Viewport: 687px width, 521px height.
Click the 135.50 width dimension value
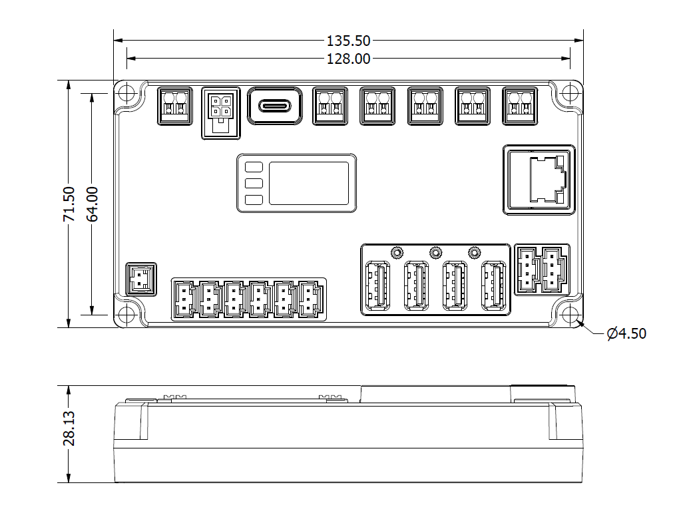(x=348, y=41)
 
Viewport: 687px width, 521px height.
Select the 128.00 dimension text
(x=348, y=59)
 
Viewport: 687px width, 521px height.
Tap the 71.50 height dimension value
(x=69, y=204)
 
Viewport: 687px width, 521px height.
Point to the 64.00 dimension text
(x=93, y=204)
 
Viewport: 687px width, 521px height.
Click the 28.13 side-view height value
(x=69, y=429)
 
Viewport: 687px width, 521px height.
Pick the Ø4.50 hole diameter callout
(x=626, y=333)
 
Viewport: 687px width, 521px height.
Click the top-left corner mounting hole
(x=126, y=94)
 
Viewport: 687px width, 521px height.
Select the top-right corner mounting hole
(x=570, y=94)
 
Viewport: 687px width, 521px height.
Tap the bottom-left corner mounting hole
(x=126, y=315)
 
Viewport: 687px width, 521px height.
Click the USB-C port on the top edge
(x=275, y=106)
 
